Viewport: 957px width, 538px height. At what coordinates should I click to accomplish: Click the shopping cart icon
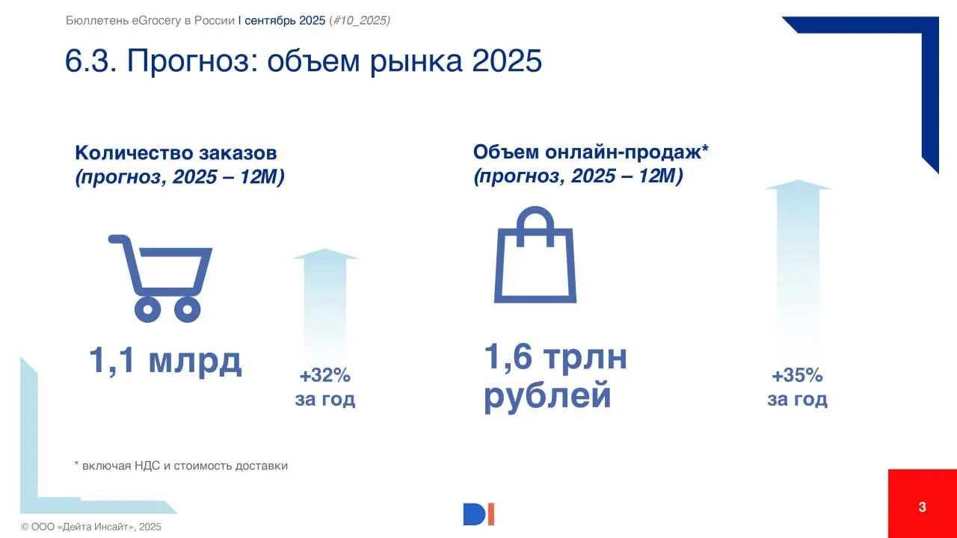(x=161, y=276)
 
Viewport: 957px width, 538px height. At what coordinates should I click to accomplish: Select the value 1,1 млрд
(x=165, y=360)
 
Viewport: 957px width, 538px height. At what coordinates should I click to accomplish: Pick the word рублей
(x=547, y=395)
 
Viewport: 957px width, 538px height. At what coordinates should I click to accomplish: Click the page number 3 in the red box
(x=922, y=507)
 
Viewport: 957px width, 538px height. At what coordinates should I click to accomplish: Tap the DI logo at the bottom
(x=478, y=514)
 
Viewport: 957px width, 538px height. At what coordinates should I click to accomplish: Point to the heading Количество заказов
(x=176, y=153)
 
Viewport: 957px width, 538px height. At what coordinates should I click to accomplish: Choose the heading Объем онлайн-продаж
(x=591, y=152)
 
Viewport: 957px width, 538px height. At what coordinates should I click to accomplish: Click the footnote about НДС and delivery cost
(x=181, y=466)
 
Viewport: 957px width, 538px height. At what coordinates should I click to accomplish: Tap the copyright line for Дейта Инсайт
(x=91, y=527)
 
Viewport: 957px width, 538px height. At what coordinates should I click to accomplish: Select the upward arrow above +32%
(x=324, y=299)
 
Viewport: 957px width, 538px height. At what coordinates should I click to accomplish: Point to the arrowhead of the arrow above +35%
(x=798, y=185)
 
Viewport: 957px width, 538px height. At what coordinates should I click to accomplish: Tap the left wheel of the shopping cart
(x=147, y=309)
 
